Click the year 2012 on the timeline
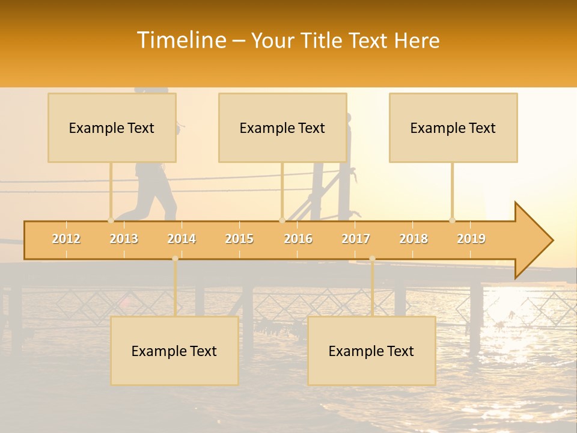(66, 239)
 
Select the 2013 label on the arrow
(124, 239)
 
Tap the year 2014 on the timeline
(182, 239)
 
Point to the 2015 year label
(239, 239)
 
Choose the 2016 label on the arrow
(298, 239)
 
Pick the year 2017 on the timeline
(356, 239)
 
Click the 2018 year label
(414, 239)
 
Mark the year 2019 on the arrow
(471, 239)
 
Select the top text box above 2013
(112, 128)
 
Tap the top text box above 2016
(282, 128)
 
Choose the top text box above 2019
(453, 128)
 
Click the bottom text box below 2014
(174, 351)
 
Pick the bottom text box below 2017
(371, 351)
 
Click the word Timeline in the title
(181, 40)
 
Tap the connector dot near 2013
(111, 220)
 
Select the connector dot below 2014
(175, 259)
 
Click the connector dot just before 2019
(452, 220)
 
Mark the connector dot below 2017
(372, 259)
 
